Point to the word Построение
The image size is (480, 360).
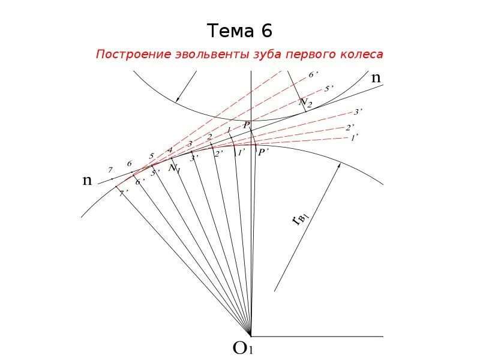tap(132, 55)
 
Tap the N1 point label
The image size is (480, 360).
tap(174, 169)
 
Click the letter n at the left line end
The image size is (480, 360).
tap(88, 180)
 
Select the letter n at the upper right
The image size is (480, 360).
tap(376, 77)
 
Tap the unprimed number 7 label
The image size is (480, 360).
tap(110, 170)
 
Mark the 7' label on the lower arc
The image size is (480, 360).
tap(123, 193)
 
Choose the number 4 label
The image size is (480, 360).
tap(170, 150)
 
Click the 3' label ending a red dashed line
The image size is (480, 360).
tap(358, 112)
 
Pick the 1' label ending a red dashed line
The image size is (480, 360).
tap(353, 137)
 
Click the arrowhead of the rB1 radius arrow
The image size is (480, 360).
tap(339, 166)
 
